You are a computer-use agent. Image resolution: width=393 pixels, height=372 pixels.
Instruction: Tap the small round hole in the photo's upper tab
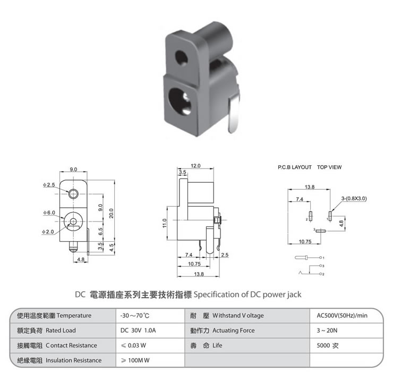[181, 58]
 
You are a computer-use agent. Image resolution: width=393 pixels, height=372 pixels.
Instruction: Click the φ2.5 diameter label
[49, 185]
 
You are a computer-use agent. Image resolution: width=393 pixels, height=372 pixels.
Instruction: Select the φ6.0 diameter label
[49, 213]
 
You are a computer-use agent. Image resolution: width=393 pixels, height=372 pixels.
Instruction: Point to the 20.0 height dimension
[112, 213]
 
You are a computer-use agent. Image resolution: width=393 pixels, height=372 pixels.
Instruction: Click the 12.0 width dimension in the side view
[195, 166]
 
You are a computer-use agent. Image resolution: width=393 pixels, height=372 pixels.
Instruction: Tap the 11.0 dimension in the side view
[165, 223]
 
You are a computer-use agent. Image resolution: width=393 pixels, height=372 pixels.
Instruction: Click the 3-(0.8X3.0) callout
[354, 198]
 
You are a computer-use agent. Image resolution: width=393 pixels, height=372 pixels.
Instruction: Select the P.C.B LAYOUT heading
[295, 167]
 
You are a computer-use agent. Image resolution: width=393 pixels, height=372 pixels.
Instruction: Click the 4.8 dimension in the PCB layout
[341, 223]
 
